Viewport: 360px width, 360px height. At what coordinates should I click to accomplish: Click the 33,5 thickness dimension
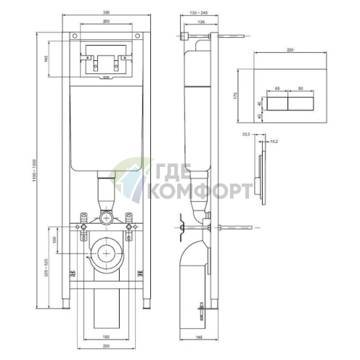coord(247,134)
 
